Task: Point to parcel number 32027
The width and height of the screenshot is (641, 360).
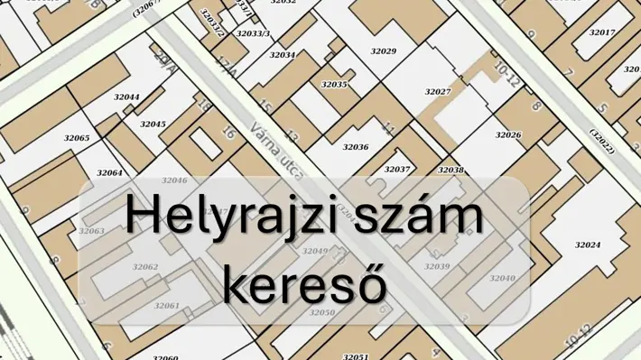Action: coord(438,92)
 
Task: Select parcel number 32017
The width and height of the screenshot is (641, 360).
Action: coord(601,32)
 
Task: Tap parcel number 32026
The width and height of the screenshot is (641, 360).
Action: coord(508,135)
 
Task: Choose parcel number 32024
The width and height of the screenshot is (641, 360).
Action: coord(588,245)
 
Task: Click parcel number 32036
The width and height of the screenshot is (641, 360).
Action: coord(356,146)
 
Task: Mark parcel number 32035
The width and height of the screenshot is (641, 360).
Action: coord(334,84)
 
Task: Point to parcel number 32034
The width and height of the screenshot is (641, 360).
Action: coord(283,55)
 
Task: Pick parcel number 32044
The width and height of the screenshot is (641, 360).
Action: coord(126,97)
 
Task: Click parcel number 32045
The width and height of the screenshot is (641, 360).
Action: coord(153,124)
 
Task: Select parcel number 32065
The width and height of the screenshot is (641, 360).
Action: coord(77,138)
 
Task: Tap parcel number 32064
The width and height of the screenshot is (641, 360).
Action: coord(109,172)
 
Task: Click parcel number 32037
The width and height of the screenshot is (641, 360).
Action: coord(397,170)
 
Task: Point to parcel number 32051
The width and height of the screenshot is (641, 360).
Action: coord(356,356)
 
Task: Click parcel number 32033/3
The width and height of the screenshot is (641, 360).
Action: coord(253,33)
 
